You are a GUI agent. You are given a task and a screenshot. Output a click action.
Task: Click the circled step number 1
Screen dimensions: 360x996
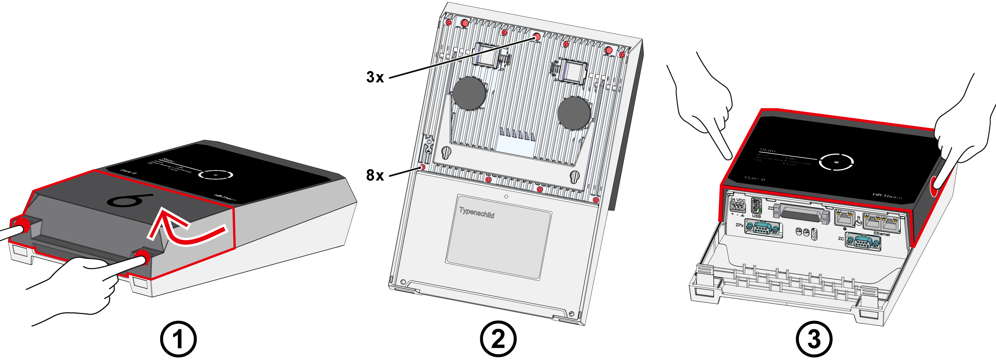178,339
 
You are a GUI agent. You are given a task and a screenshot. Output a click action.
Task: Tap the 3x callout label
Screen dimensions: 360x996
375,77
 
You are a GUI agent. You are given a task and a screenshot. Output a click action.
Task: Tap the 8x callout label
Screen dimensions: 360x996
375,175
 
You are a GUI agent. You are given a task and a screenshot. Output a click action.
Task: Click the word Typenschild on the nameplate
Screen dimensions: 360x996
477,213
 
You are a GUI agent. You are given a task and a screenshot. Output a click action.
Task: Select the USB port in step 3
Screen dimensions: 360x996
756,206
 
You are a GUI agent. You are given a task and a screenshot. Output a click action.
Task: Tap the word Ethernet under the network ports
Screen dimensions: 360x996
881,234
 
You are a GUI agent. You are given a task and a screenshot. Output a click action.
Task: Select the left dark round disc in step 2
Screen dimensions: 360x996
469,93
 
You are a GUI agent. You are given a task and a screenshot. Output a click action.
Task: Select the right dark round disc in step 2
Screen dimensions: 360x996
574,113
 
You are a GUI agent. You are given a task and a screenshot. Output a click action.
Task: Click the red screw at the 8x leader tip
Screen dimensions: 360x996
422,167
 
